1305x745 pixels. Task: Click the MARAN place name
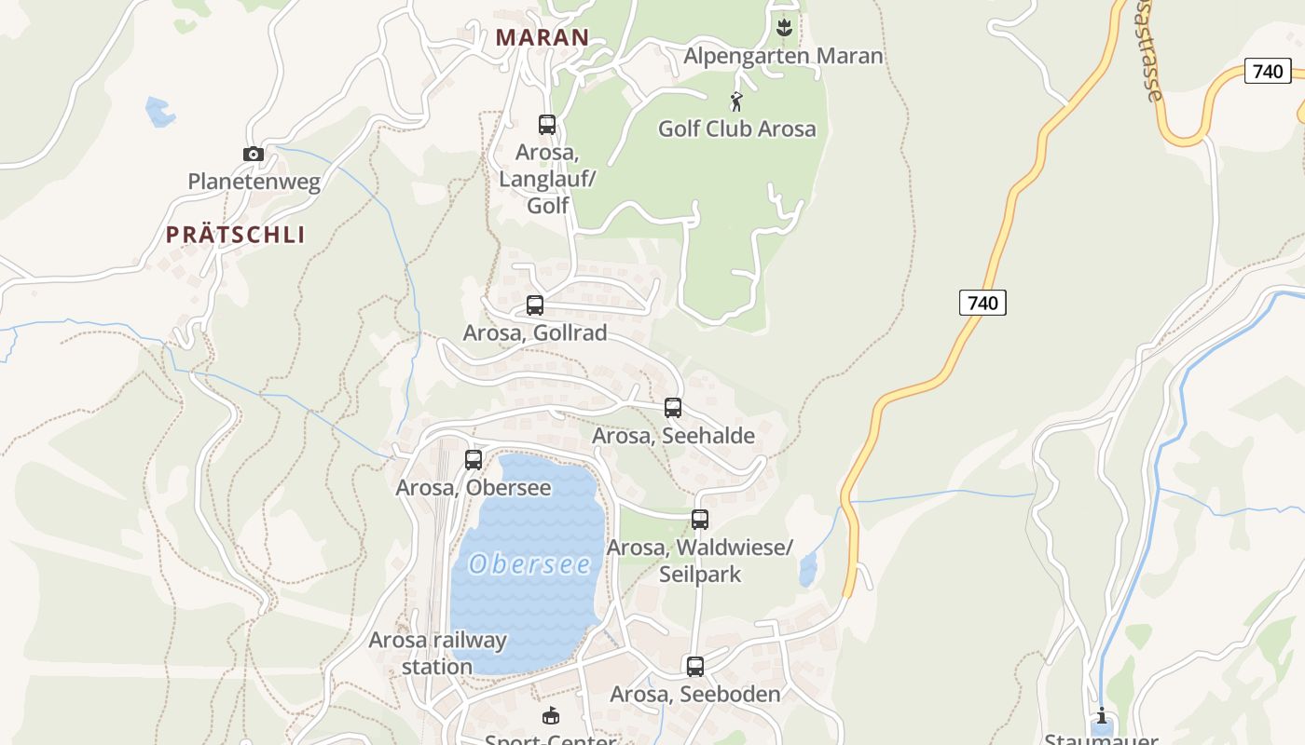(x=543, y=37)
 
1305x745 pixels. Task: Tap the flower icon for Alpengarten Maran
(x=783, y=28)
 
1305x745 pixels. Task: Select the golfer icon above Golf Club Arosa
(x=736, y=102)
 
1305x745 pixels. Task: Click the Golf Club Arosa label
(x=736, y=129)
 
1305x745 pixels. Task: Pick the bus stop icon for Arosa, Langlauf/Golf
(x=547, y=124)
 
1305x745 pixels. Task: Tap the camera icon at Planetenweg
(x=253, y=155)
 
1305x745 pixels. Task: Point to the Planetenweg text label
(x=254, y=182)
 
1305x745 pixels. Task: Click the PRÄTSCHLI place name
(x=236, y=235)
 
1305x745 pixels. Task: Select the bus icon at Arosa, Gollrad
(x=535, y=305)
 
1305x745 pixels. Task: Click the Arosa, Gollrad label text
(x=535, y=332)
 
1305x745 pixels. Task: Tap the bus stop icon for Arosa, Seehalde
(x=673, y=407)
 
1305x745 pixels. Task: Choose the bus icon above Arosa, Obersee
(x=474, y=459)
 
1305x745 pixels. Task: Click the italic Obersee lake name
(x=530, y=564)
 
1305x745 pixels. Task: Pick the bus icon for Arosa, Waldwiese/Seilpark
(x=700, y=519)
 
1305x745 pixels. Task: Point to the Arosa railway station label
(x=437, y=653)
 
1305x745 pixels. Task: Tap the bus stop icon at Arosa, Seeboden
(x=695, y=666)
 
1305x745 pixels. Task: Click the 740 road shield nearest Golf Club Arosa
(x=982, y=302)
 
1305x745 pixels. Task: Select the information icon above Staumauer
(x=1102, y=716)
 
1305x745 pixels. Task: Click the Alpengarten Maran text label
(x=783, y=56)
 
